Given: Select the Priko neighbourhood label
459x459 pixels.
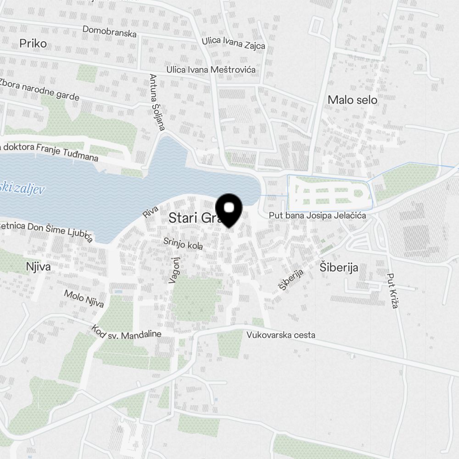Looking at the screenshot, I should pyautogui.click(x=34, y=44).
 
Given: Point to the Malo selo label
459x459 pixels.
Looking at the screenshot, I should pyautogui.click(x=353, y=100).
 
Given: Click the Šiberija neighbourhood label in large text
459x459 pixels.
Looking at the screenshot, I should pyautogui.click(x=339, y=268).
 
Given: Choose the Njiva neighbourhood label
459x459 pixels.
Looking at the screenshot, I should pyautogui.click(x=38, y=267).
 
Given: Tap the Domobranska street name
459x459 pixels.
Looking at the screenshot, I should pyautogui.click(x=110, y=32).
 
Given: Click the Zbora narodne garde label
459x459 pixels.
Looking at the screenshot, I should pyautogui.click(x=39, y=90).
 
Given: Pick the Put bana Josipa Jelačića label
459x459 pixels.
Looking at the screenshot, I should pyautogui.click(x=318, y=215).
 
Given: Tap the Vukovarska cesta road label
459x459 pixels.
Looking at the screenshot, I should pyautogui.click(x=281, y=335).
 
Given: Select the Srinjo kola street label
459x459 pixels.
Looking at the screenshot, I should pyautogui.click(x=183, y=244).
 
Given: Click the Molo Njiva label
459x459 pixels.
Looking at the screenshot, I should pyautogui.click(x=84, y=298).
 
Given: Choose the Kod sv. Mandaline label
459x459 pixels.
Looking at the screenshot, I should pyautogui.click(x=126, y=332).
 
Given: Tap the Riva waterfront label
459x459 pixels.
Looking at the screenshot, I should pyautogui.click(x=150, y=212).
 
